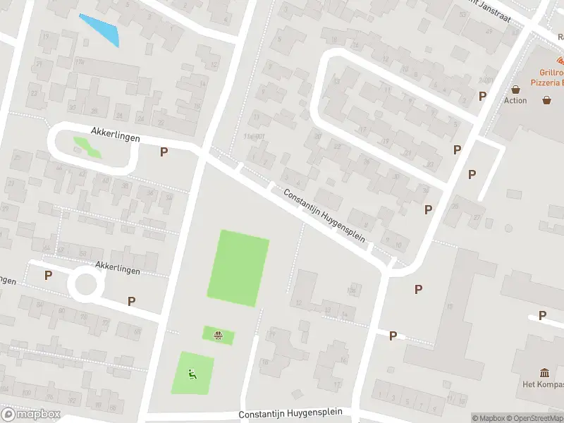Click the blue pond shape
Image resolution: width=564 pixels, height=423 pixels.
click(100, 29)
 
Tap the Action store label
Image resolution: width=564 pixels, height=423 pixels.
click(515, 101)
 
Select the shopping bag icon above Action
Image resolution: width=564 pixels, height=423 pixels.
click(516, 90)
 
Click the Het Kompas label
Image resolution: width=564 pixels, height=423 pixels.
click(544, 384)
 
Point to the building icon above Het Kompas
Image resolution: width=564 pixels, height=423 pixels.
click(544, 372)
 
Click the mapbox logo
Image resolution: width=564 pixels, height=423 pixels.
click(31, 414)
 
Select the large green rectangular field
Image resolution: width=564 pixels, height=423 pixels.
click(238, 268)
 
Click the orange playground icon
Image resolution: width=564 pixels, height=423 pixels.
click(219, 335)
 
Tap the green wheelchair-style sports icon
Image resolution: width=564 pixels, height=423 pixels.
click(192, 373)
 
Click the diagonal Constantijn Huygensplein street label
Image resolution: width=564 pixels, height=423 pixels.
click(325, 216)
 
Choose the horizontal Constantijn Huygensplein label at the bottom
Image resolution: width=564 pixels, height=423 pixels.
click(290, 415)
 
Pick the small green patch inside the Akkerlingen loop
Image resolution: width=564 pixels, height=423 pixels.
click(87, 147)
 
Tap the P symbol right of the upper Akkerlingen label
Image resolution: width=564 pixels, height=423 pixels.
click(164, 152)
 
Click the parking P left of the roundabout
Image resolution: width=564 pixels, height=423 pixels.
click(48, 276)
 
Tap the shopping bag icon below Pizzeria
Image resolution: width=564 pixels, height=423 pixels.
click(546, 100)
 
